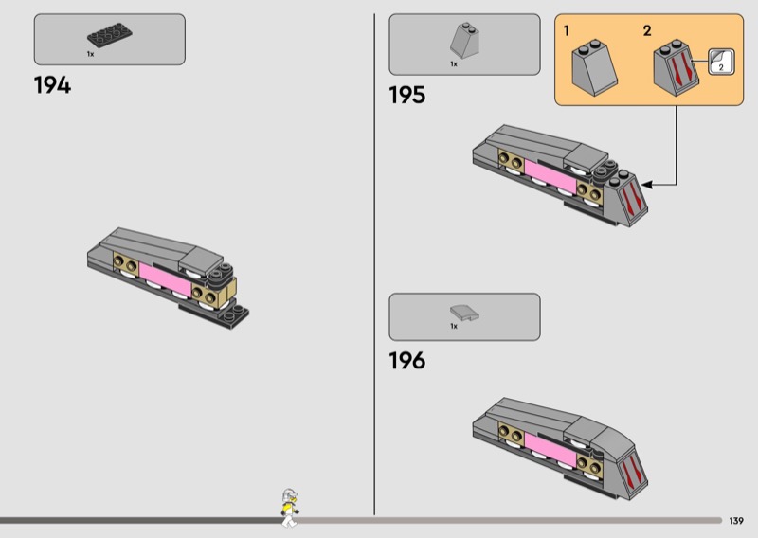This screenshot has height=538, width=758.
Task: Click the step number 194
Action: coord(52,85)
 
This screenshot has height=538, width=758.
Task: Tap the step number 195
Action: coord(406,96)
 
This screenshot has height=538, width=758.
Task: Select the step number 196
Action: coord(406,361)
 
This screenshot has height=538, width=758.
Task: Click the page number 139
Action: coord(736,520)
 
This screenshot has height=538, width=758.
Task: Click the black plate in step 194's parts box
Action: coord(109,36)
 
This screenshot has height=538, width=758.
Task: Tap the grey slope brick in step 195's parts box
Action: coord(464,41)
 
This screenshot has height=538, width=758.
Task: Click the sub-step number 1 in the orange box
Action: coord(567,31)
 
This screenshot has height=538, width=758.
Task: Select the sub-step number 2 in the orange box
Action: coord(647,31)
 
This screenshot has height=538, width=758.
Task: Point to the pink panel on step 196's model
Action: coord(548,447)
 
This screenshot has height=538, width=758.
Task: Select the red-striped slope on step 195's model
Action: coord(632,199)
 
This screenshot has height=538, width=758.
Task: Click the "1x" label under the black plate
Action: coord(91,55)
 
